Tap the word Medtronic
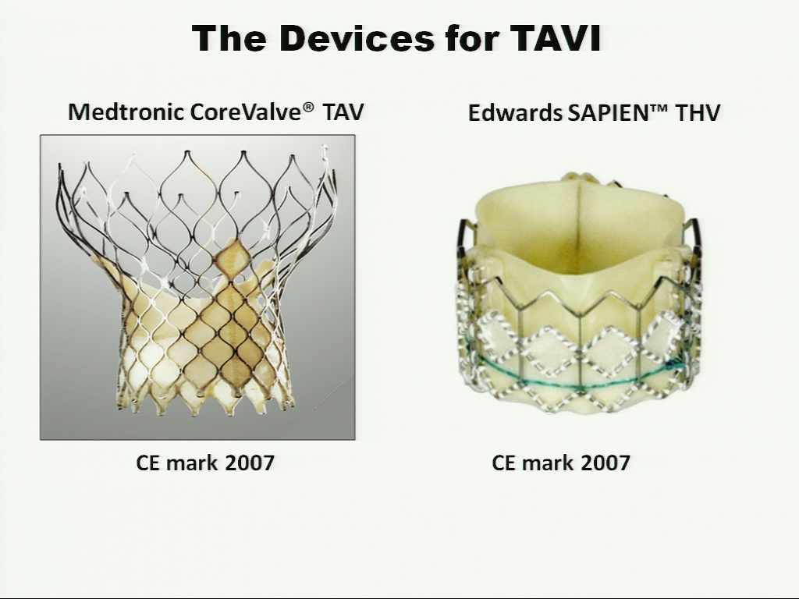[126, 112]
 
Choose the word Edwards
[515, 112]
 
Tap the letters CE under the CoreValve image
[147, 463]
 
